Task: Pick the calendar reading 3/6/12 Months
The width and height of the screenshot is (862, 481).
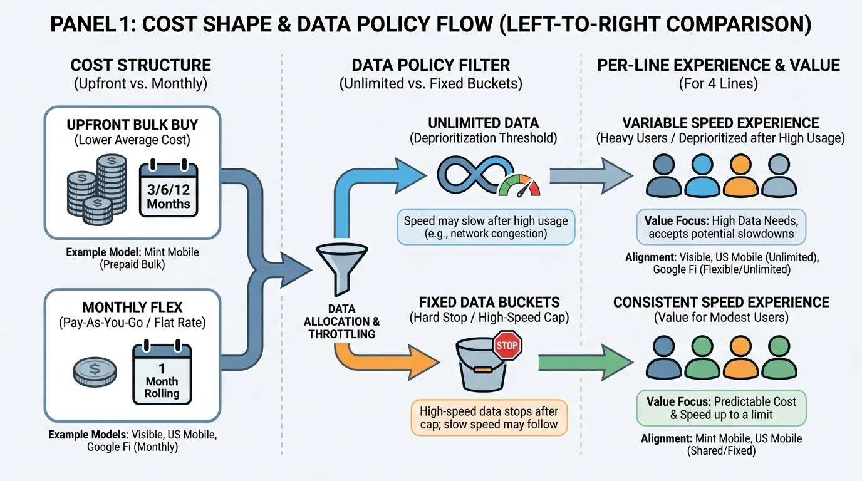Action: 169,190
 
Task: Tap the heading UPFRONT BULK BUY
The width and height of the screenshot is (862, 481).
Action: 132,125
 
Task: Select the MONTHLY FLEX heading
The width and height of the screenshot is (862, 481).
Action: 132,307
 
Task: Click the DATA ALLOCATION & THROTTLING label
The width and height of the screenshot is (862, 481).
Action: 342,321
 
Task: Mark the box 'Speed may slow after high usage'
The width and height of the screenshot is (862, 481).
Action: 486,227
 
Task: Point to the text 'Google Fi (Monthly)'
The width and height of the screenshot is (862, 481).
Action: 132,447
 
